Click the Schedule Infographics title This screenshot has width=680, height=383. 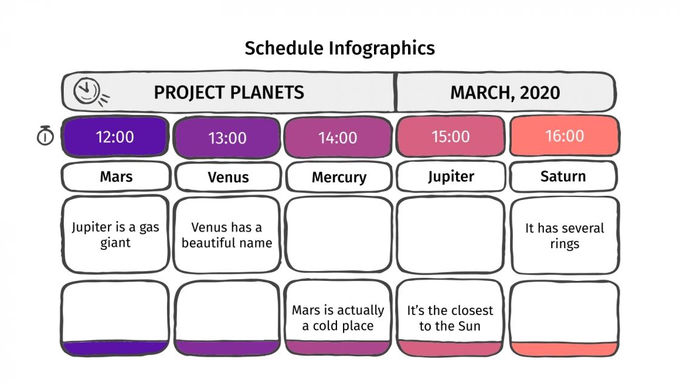click(339, 48)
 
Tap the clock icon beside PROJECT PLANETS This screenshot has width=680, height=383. click(86, 92)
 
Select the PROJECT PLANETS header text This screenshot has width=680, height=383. click(228, 92)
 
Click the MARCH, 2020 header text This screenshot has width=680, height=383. click(505, 92)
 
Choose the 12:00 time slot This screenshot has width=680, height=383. click(115, 136)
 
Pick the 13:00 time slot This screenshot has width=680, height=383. click(227, 137)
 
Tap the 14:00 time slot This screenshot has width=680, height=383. click(338, 137)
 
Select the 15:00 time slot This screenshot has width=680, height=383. click(450, 136)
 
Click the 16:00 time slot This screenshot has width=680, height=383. click(564, 136)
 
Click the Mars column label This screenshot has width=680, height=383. click(116, 177)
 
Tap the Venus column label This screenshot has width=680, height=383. click(228, 178)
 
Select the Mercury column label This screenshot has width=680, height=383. click(339, 178)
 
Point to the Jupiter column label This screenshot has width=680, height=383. click(450, 176)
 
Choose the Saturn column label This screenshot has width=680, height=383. click(563, 176)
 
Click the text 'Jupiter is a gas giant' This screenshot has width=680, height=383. click(115, 235)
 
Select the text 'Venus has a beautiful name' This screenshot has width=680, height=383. click(226, 235)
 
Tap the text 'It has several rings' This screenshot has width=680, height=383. click(564, 236)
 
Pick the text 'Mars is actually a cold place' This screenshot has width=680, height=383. click(338, 318)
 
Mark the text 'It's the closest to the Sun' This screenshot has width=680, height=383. click(450, 318)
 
